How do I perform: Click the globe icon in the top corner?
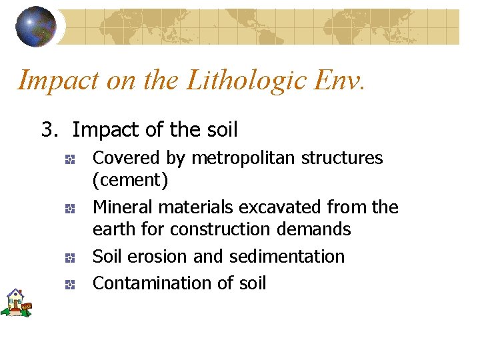(x=36, y=26)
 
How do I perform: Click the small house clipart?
(x=16, y=303)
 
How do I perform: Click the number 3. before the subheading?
(x=50, y=129)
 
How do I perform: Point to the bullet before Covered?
(x=69, y=159)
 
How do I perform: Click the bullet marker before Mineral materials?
(x=69, y=209)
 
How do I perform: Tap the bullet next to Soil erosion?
(x=69, y=257)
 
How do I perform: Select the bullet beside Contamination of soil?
(x=69, y=285)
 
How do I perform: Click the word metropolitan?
(x=244, y=159)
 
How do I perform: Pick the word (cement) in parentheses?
(x=130, y=180)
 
